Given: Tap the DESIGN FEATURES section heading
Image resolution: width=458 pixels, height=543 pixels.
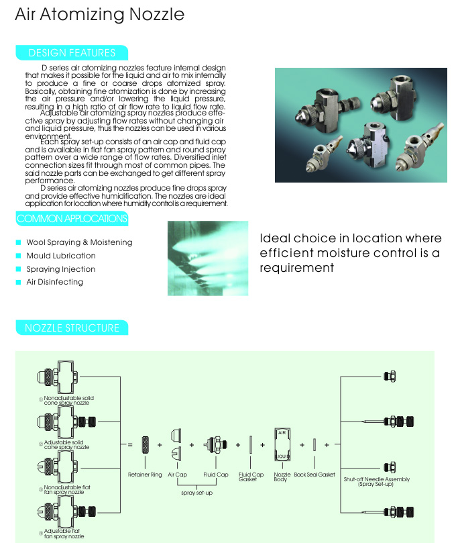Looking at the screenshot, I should click(72, 53).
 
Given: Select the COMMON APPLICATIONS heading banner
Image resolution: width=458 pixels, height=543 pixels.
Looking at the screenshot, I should click(72, 219).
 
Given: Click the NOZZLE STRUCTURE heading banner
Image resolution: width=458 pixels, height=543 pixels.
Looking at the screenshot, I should click(72, 328).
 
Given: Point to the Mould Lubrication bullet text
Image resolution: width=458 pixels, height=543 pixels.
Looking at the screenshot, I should click(61, 256).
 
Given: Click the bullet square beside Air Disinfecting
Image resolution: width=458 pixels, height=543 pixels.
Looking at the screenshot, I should click(19, 283).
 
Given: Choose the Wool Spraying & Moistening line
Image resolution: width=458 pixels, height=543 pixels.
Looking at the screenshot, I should click(79, 242).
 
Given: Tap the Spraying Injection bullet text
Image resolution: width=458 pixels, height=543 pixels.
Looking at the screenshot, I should click(61, 269).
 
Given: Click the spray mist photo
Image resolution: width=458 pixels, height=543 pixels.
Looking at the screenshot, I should click(208, 258).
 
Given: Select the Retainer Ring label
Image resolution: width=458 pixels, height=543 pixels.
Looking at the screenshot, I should click(145, 475).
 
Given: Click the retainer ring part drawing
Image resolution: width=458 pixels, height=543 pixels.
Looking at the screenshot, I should click(146, 444).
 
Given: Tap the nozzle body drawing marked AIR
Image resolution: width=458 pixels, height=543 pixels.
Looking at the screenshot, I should click(282, 444).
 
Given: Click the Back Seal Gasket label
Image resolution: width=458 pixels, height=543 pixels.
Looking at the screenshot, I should click(314, 475).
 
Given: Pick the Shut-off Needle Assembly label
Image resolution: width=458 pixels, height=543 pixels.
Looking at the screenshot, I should click(376, 481).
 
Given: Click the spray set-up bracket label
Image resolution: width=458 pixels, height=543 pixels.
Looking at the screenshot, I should click(198, 493).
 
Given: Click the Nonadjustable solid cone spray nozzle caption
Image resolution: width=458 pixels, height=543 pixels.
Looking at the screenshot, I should click(68, 400).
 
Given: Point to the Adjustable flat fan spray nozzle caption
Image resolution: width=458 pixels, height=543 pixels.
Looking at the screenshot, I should click(64, 534).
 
